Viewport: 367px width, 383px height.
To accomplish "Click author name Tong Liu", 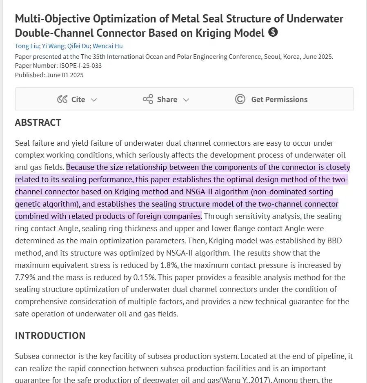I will [x=27, y=46].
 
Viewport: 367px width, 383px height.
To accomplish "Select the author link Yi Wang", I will [x=53, y=46].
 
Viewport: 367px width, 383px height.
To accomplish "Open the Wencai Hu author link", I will [x=108, y=46].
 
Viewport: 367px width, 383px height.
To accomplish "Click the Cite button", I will [x=78, y=99].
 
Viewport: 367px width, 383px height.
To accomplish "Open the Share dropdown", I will [x=167, y=99].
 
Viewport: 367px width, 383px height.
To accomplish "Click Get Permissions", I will [x=279, y=99].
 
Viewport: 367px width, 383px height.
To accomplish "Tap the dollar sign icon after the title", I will [x=273, y=32].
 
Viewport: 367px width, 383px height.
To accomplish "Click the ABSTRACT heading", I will [x=38, y=122].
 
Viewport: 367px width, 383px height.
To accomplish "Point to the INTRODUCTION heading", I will [x=50, y=336].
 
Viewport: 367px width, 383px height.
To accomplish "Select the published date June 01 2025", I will [x=65, y=75].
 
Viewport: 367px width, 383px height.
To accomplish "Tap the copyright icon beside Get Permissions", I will [x=240, y=99].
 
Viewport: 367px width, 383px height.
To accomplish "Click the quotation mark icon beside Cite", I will [x=62, y=99].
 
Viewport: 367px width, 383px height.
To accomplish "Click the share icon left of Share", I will [x=148, y=99].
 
